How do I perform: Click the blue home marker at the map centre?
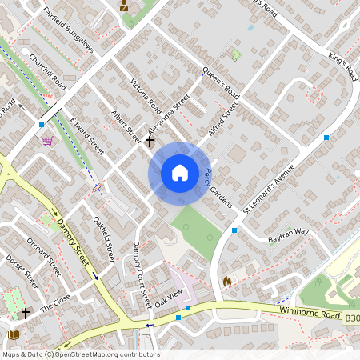pyautogui.click(x=180, y=173)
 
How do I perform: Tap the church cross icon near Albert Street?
pyautogui.click(x=150, y=142)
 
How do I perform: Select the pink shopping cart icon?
pyautogui.click(x=47, y=140)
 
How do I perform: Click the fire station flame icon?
pyautogui.click(x=226, y=282)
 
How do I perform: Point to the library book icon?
pyautogui.click(x=12, y=335)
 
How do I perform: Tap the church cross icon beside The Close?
pyautogui.click(x=26, y=313)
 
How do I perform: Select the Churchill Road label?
pyautogui.click(x=47, y=71)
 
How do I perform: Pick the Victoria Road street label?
pyautogui.click(x=146, y=96)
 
